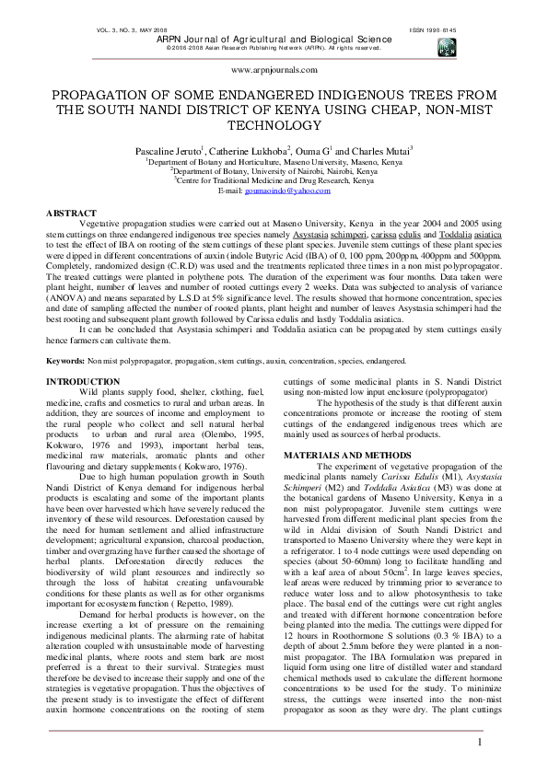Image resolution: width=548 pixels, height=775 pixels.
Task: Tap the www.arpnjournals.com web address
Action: [274, 69]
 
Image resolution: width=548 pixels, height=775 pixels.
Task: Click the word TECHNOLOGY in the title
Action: [274, 125]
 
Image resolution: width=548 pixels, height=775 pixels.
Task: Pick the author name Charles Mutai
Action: [379, 150]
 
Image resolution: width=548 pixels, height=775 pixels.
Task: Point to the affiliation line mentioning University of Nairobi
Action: [274, 171]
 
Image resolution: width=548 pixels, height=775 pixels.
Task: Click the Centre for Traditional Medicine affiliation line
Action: [274, 180]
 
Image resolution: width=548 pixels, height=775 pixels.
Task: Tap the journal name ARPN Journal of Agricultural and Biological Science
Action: [274, 40]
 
